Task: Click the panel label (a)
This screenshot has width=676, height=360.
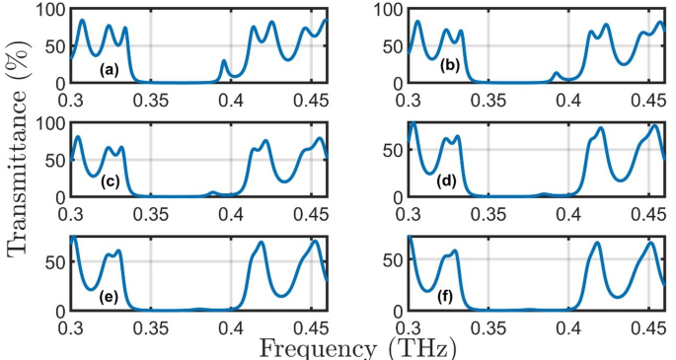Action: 109,69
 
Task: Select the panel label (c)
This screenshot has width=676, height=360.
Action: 110,182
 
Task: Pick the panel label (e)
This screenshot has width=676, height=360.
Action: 110,295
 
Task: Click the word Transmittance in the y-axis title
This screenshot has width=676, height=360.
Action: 22,180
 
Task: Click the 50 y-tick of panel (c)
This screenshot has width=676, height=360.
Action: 54,160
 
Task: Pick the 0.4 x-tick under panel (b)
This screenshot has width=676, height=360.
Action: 568,100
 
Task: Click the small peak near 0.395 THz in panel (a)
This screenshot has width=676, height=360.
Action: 224,61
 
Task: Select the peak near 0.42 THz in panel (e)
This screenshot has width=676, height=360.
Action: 262,243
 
